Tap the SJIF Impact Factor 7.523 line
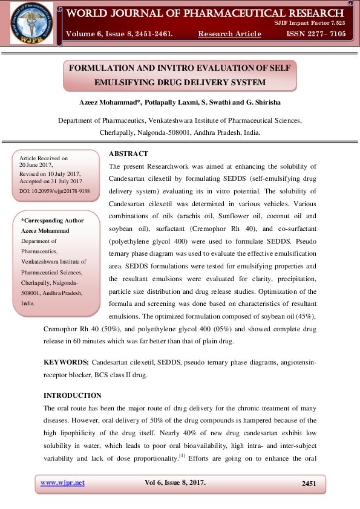[318, 22]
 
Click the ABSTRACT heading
[128, 154]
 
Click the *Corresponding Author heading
[53, 221]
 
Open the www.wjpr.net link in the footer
[62, 482]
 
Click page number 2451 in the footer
[309, 483]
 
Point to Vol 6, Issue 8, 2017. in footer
[175, 482]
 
